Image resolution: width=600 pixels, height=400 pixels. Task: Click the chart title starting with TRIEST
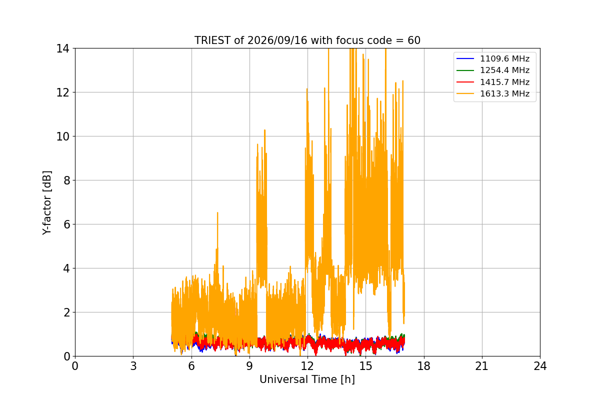point(307,40)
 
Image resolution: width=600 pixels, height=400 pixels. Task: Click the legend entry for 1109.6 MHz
point(493,58)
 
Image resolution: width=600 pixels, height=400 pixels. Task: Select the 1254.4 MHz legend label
point(504,70)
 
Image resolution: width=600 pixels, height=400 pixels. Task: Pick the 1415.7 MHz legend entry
point(493,82)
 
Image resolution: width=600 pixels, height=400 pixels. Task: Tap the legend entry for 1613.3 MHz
point(493,94)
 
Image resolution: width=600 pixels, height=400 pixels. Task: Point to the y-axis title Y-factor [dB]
point(47,202)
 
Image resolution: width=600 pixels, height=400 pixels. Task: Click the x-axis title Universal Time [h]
point(307,379)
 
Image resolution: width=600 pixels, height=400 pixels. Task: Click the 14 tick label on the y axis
point(62,49)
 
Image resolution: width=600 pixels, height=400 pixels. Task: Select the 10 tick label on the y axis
point(62,136)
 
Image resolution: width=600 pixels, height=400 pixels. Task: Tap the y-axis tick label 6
point(66,224)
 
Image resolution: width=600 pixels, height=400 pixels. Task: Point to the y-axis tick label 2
point(66,312)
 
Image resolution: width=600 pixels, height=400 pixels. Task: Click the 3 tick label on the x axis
point(133,366)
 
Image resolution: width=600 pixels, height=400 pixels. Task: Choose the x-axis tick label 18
point(424,366)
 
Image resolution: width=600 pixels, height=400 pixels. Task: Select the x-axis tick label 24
point(540,366)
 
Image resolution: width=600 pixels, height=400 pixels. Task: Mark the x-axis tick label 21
point(482,366)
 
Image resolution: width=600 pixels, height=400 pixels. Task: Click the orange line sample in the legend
point(465,94)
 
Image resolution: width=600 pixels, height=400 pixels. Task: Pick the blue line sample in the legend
point(465,58)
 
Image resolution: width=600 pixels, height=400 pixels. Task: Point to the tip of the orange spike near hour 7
point(217,212)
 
